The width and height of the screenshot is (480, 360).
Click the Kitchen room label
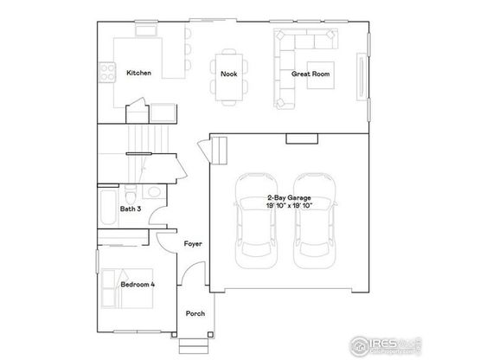click(138, 73)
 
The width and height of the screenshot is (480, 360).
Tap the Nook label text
click(229, 74)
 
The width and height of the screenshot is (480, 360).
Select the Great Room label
click(310, 74)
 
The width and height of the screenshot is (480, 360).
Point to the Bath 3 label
click(131, 209)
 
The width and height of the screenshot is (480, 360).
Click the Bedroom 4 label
click(138, 285)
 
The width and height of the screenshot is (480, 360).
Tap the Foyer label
click(193, 244)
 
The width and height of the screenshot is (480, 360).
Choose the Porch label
click(195, 313)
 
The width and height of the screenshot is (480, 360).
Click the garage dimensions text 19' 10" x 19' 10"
click(289, 206)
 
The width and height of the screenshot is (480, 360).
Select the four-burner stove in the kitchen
click(107, 73)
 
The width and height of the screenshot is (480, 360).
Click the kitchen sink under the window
click(146, 31)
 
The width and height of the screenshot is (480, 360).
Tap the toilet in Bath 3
click(131, 194)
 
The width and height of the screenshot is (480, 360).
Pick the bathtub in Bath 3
click(108, 208)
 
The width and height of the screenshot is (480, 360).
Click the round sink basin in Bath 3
click(154, 192)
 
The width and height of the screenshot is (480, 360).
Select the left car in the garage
click(256, 221)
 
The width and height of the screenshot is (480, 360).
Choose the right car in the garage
click(315, 221)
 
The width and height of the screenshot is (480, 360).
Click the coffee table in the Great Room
click(321, 75)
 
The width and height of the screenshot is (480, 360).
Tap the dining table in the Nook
click(229, 77)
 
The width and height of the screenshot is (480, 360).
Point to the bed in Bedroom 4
click(127, 288)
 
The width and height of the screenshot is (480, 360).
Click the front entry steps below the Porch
click(194, 346)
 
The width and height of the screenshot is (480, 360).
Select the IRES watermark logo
click(385, 345)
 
